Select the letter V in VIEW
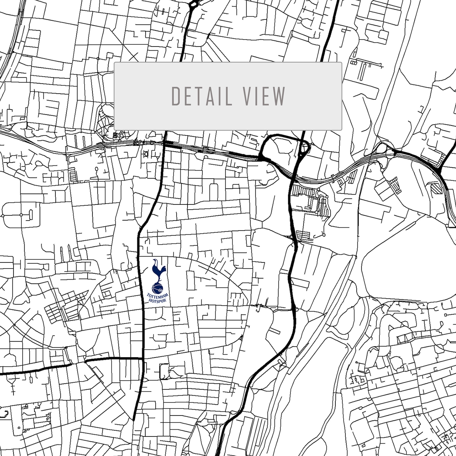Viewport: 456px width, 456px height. [x=248, y=96]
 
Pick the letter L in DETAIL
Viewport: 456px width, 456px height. [x=229, y=96]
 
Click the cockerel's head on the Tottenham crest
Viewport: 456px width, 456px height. [x=155, y=261]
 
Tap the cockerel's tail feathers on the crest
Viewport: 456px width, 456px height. [x=163, y=269]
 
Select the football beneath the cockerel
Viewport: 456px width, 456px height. [x=157, y=288]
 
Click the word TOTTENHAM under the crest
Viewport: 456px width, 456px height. [x=158, y=296]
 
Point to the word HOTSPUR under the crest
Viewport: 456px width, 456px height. [x=158, y=301]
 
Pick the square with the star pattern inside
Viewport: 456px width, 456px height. [x=116, y=135]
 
